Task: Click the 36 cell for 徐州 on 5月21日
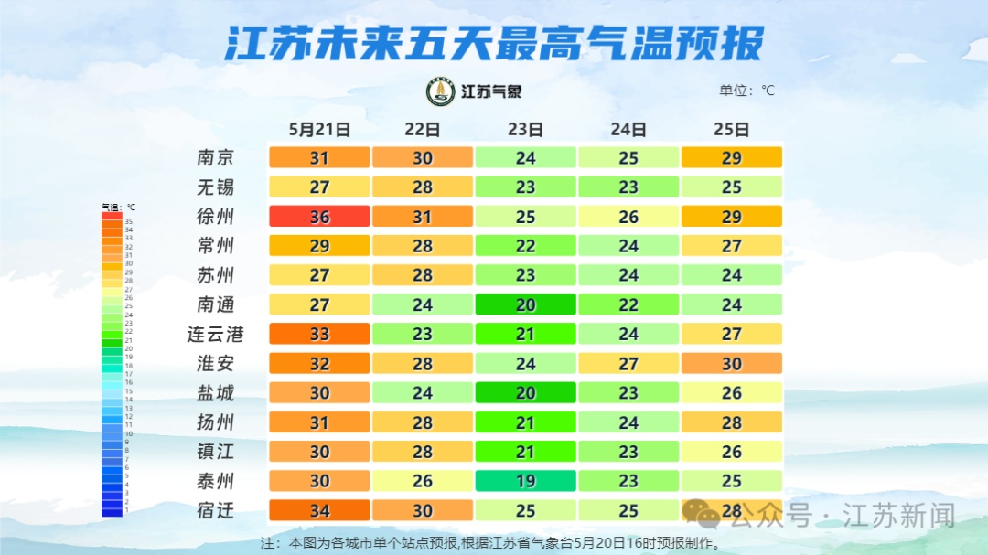pyautogui.click(x=319, y=217)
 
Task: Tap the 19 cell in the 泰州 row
pyautogui.click(x=525, y=481)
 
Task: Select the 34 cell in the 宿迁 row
pyautogui.click(x=319, y=510)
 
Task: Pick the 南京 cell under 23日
pyautogui.click(x=525, y=158)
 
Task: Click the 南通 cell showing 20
pyautogui.click(x=525, y=304)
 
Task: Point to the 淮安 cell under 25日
pyautogui.click(x=732, y=364)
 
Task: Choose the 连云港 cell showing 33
pyautogui.click(x=319, y=334)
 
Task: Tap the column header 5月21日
pyautogui.click(x=319, y=130)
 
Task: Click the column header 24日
pyautogui.click(x=628, y=130)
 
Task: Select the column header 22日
pyautogui.click(x=422, y=130)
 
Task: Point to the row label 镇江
pyautogui.click(x=215, y=452)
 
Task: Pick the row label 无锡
pyautogui.click(x=215, y=187)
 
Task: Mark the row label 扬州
pyautogui.click(x=215, y=422)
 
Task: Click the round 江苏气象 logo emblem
pyautogui.click(x=441, y=91)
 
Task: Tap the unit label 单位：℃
pyautogui.click(x=746, y=91)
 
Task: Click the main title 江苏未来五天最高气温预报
pyautogui.click(x=494, y=43)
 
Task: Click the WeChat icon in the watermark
pyautogui.click(x=706, y=515)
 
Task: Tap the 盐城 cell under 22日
pyautogui.click(x=422, y=393)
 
